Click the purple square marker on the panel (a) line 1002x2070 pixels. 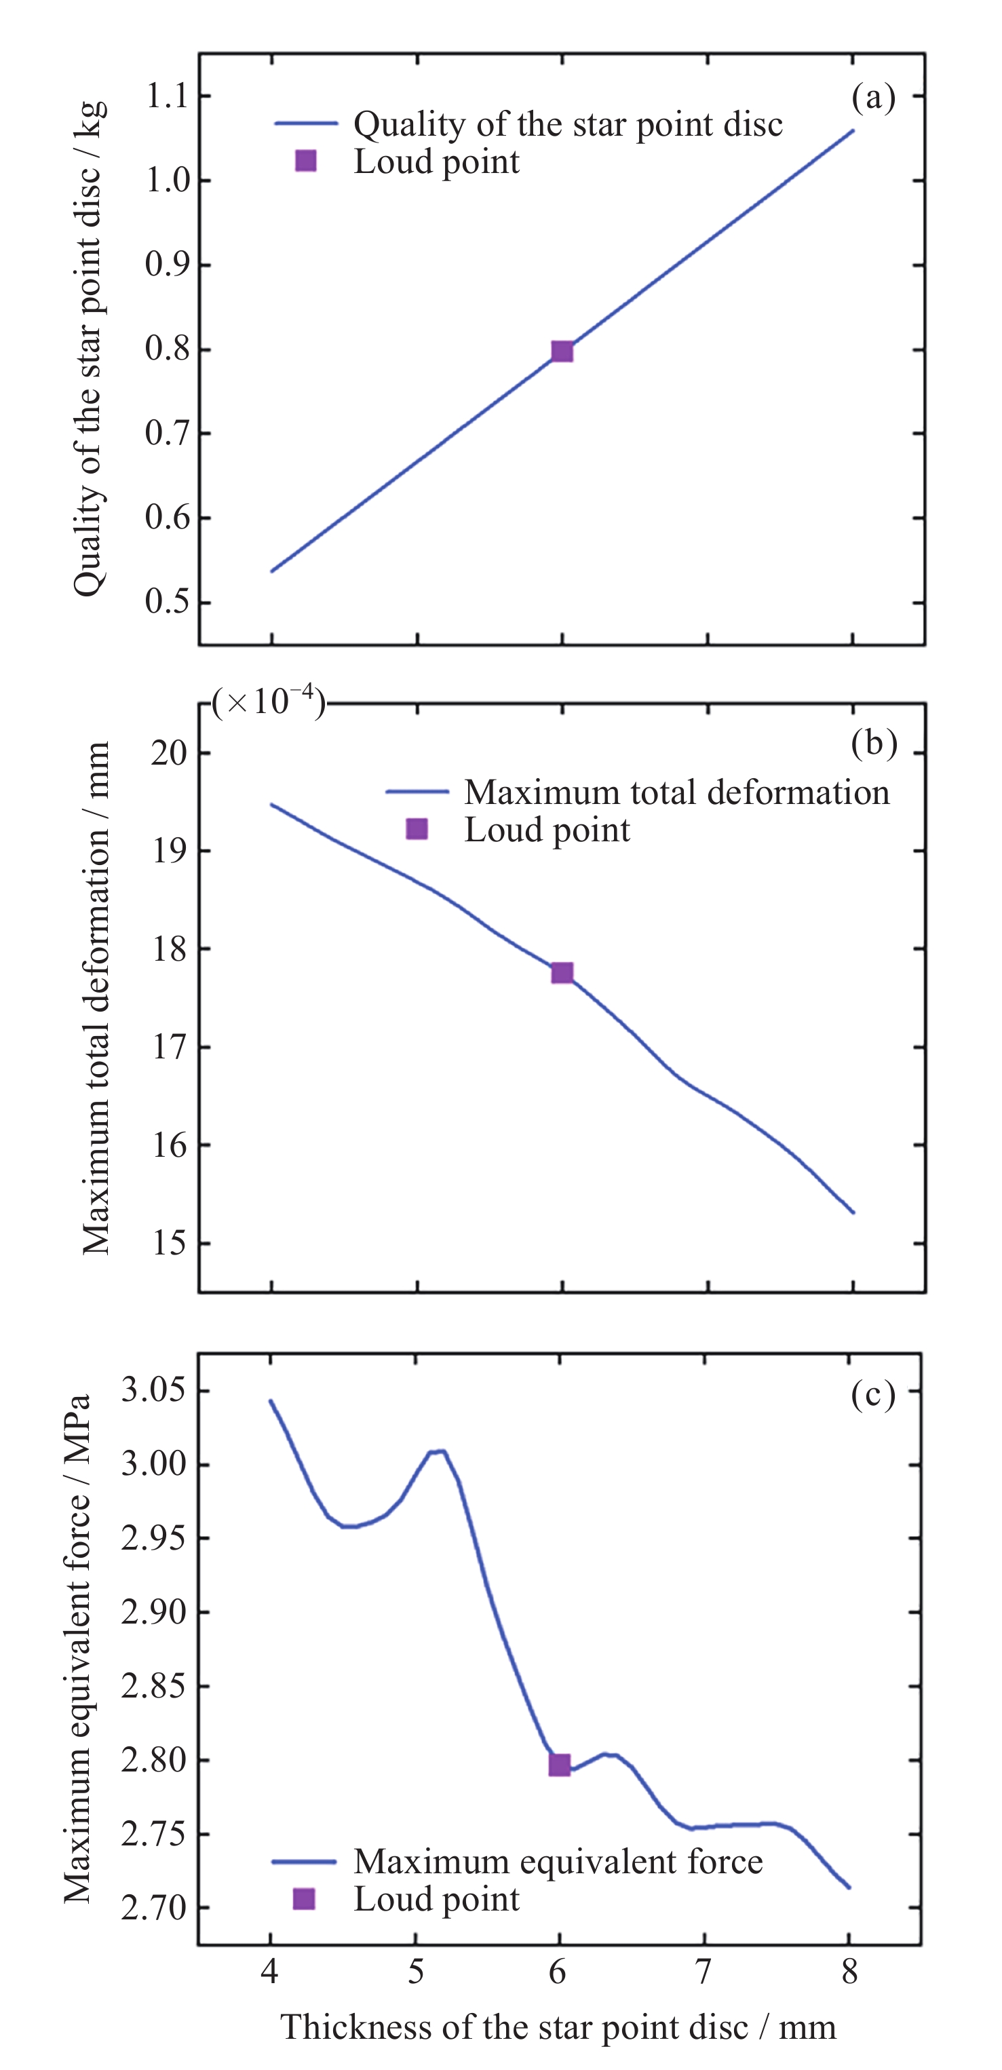(562, 351)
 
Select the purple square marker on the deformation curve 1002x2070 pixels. (562, 973)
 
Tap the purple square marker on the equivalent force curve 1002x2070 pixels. (559, 1765)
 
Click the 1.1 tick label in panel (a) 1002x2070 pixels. (166, 96)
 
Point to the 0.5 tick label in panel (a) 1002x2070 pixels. (166, 602)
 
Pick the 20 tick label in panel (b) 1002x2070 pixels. (169, 754)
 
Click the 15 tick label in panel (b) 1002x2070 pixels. (169, 1243)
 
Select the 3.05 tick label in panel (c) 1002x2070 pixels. (152, 1389)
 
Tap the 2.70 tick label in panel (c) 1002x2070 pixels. (152, 1909)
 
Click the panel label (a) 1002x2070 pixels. (872, 97)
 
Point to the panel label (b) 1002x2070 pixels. (873, 744)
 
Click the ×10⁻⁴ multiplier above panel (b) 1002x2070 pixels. (269, 702)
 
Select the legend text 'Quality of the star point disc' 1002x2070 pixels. (567, 125)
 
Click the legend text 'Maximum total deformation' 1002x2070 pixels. (676, 792)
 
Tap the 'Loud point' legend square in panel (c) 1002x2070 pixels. (304, 1899)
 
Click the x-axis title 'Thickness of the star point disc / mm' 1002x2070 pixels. (558, 2027)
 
